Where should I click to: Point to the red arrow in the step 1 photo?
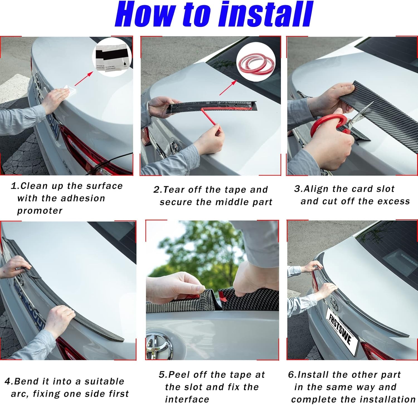click(x=84, y=79)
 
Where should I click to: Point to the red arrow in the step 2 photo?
click(x=228, y=88)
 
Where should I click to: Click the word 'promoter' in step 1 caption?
click(x=40, y=211)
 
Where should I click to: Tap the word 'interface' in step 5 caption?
click(x=187, y=399)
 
